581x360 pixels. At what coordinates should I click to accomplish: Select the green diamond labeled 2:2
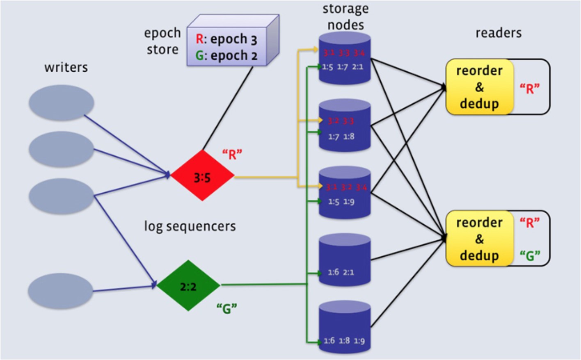[x=188, y=285]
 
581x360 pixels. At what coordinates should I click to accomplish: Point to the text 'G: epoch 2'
[x=226, y=55]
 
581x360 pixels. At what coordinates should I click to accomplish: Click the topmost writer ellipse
[x=62, y=103]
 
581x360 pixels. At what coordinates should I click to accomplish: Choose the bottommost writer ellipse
[x=61, y=291]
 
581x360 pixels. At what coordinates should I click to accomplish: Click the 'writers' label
[x=66, y=67]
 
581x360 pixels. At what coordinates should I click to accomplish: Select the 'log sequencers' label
[x=190, y=226]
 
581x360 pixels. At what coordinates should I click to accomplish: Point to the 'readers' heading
[x=498, y=33]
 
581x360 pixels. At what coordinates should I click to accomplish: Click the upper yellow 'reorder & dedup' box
[x=479, y=87]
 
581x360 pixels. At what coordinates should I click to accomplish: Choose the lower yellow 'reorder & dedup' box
[x=479, y=239]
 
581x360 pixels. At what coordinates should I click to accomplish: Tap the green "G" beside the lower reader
[x=530, y=256]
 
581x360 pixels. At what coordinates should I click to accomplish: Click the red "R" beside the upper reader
[x=530, y=89]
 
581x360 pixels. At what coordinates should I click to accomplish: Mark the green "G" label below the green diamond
[x=227, y=308]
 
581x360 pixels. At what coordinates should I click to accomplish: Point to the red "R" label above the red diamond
[x=232, y=155]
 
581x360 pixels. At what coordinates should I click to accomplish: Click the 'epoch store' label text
[x=162, y=41]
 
